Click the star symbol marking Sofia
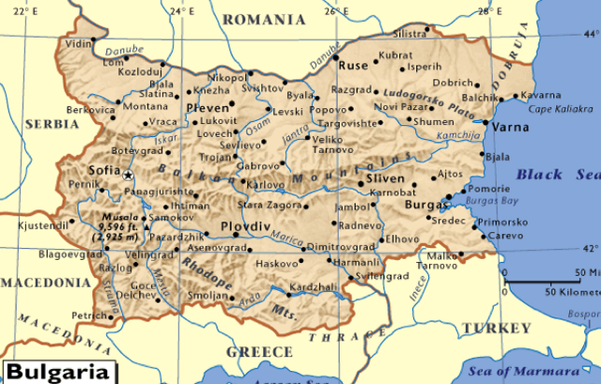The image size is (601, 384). coord(129,176)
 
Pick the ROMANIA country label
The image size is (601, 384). coord(264,19)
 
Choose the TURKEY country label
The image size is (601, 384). coord(497,328)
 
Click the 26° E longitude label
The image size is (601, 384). coord(336,10)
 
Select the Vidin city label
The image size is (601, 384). coord(79,43)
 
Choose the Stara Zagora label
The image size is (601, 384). coord(269,204)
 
